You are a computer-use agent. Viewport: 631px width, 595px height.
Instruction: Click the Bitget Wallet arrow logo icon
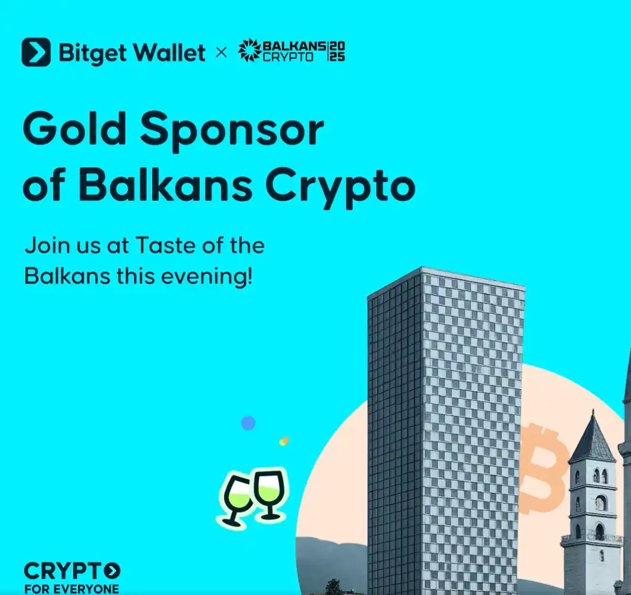(x=36, y=53)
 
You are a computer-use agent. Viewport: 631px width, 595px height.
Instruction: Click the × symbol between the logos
(x=221, y=53)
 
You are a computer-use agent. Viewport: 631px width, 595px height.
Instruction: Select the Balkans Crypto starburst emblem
(x=248, y=51)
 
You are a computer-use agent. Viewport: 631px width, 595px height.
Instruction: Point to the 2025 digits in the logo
(x=337, y=51)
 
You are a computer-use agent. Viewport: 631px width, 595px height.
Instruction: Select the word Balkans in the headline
(x=166, y=186)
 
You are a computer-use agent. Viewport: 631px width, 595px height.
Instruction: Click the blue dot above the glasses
(x=248, y=423)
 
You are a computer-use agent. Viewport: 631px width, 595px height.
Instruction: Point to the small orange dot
(x=284, y=441)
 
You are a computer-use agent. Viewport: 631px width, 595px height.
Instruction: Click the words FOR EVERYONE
(x=71, y=589)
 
